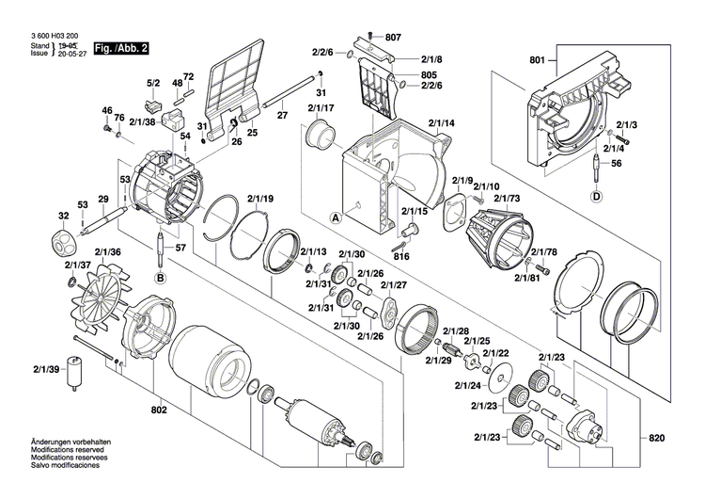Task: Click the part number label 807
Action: click(x=393, y=37)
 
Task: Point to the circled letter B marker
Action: click(x=160, y=279)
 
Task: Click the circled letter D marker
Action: click(x=595, y=197)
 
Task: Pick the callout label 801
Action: click(x=537, y=61)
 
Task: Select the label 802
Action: click(x=158, y=410)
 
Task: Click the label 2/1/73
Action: click(x=507, y=198)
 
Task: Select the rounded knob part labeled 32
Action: click(x=63, y=237)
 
